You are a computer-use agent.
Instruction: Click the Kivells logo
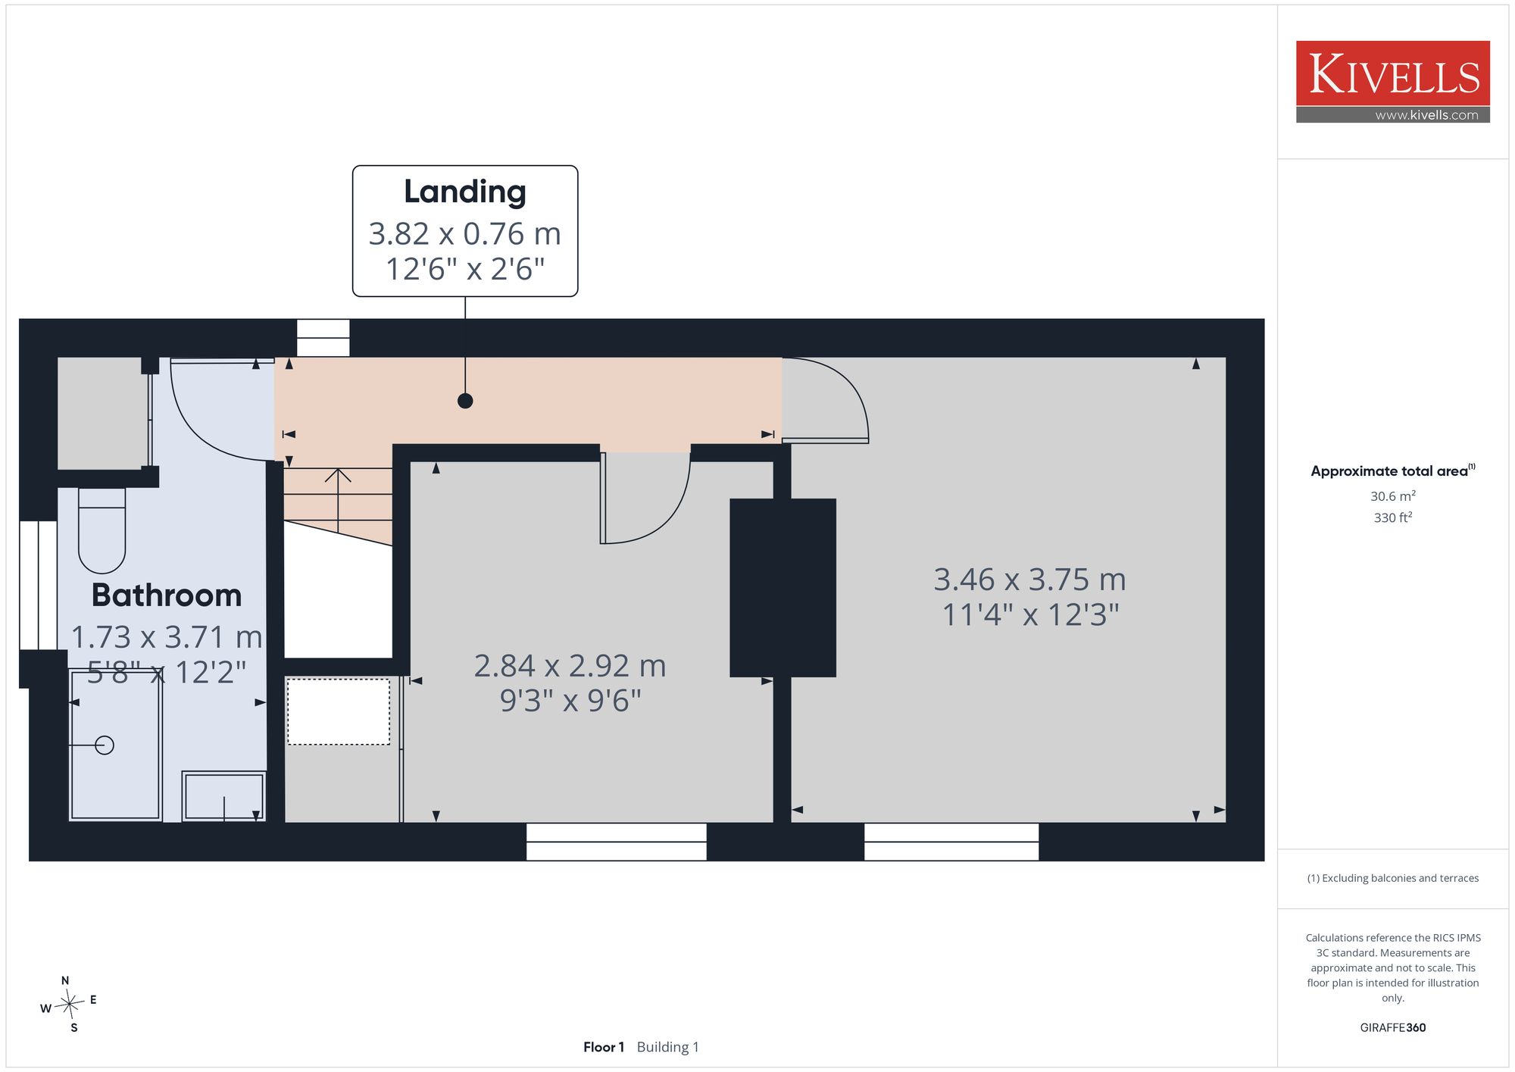click(x=1392, y=82)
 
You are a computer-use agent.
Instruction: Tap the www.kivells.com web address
click(x=1426, y=115)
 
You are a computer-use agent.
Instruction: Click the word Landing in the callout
click(x=464, y=192)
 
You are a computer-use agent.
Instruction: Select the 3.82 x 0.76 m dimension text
click(x=464, y=234)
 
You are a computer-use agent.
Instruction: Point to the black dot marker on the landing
click(x=465, y=401)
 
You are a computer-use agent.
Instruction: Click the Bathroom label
click(x=167, y=595)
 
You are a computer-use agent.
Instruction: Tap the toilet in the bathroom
click(x=102, y=530)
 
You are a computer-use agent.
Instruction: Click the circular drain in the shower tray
click(x=105, y=745)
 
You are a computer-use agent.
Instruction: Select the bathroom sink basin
click(x=223, y=796)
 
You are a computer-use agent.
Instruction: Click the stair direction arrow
click(x=338, y=500)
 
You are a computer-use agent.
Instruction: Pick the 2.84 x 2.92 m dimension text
click(x=570, y=666)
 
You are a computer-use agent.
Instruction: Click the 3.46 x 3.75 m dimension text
click(x=1029, y=580)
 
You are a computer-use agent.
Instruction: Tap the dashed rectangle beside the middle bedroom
click(x=339, y=711)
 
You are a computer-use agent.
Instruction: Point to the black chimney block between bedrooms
click(x=782, y=587)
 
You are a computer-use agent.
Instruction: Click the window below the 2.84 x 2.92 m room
click(x=617, y=842)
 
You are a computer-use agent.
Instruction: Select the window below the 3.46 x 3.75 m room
click(x=951, y=842)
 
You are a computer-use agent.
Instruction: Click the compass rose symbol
click(x=69, y=1005)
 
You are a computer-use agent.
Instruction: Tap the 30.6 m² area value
click(x=1392, y=496)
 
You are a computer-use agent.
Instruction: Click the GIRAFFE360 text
click(x=1392, y=1028)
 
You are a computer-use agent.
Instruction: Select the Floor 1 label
click(x=604, y=1047)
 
